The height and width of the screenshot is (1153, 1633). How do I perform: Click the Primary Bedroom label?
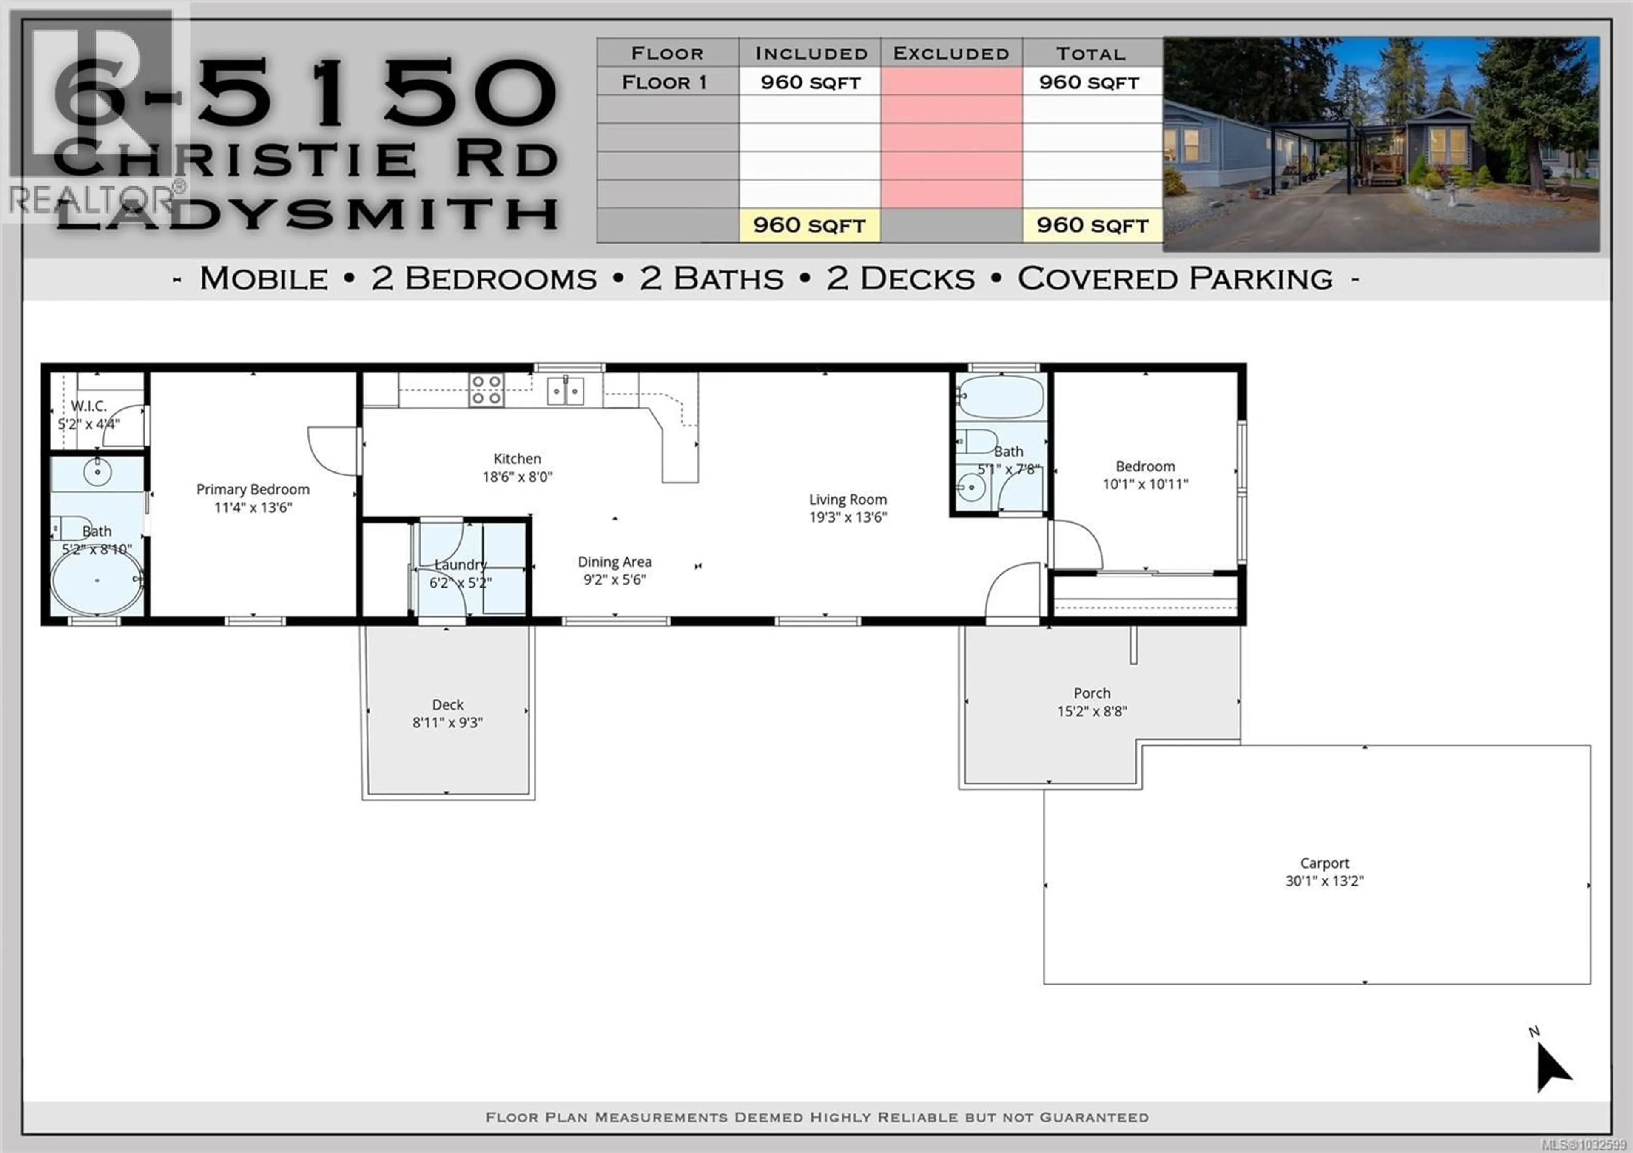(253, 489)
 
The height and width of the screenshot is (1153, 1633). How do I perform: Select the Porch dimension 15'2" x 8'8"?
(1092, 711)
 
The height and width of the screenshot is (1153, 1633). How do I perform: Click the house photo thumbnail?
(1381, 144)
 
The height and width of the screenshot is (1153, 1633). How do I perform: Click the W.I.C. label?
(89, 406)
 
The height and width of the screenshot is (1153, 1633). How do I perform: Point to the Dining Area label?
(615, 562)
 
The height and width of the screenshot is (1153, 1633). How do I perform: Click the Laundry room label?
(461, 565)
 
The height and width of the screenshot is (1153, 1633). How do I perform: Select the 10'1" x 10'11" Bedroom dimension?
(1145, 484)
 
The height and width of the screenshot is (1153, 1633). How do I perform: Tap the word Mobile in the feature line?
(264, 278)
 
